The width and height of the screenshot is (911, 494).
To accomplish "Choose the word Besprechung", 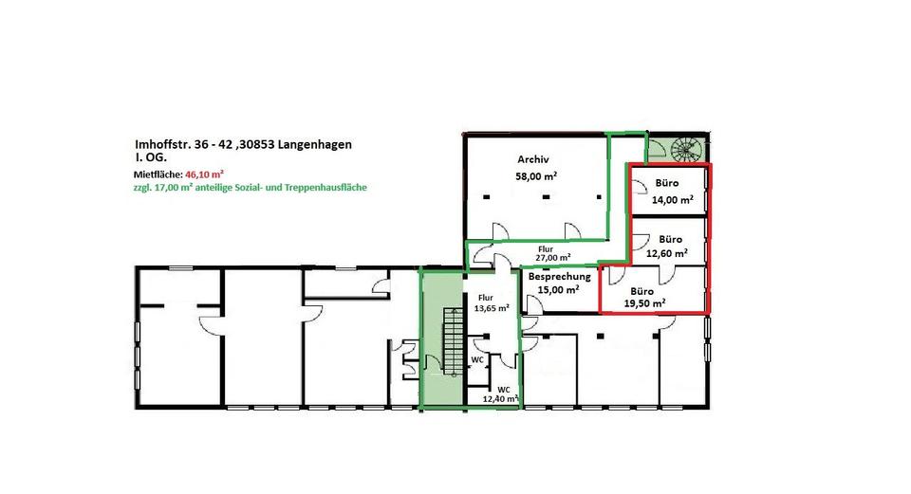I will (x=560, y=277).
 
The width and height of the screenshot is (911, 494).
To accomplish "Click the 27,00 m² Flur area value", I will (x=551, y=257).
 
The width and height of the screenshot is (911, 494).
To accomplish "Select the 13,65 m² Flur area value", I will (x=491, y=308).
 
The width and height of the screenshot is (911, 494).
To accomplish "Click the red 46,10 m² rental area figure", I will (x=205, y=174).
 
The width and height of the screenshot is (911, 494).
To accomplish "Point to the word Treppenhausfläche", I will (x=329, y=188).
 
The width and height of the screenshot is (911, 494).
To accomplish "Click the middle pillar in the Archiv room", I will (x=546, y=196).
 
